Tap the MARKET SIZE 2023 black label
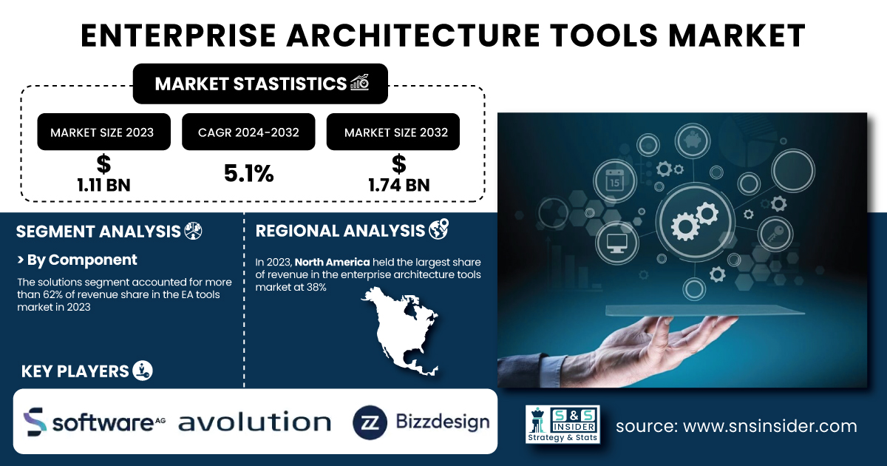(x=103, y=132)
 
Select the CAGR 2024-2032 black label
(x=248, y=132)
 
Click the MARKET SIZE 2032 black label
(x=392, y=132)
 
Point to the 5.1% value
(x=248, y=174)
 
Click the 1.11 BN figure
(x=103, y=185)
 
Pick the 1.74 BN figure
(x=398, y=185)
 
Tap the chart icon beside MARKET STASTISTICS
(x=359, y=82)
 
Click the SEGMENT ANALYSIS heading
(x=98, y=232)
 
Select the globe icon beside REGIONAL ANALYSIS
(x=439, y=229)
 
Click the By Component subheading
(x=77, y=260)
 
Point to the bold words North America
(x=332, y=263)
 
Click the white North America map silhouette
(x=400, y=331)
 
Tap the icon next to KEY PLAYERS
(x=143, y=371)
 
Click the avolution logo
(x=254, y=422)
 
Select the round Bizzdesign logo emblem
(x=370, y=422)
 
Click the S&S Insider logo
(x=563, y=424)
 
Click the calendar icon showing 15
(x=614, y=180)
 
